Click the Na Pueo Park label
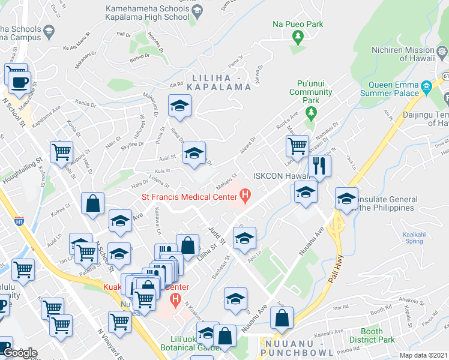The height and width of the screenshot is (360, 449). [x=298, y=25]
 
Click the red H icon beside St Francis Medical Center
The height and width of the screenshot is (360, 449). [x=245, y=195]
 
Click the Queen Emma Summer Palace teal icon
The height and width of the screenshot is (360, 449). [x=427, y=86]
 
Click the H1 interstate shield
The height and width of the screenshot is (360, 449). [x=19, y=221]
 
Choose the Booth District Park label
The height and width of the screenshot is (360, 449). [x=372, y=335]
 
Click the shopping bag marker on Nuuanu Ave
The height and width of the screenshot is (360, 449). [x=282, y=317]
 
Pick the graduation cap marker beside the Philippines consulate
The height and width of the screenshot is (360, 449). [x=347, y=199]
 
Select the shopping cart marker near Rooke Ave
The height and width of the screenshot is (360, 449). [x=297, y=145]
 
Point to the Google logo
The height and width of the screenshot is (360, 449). [x=19, y=353]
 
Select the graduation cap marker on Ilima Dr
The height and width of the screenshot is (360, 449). [x=179, y=106]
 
